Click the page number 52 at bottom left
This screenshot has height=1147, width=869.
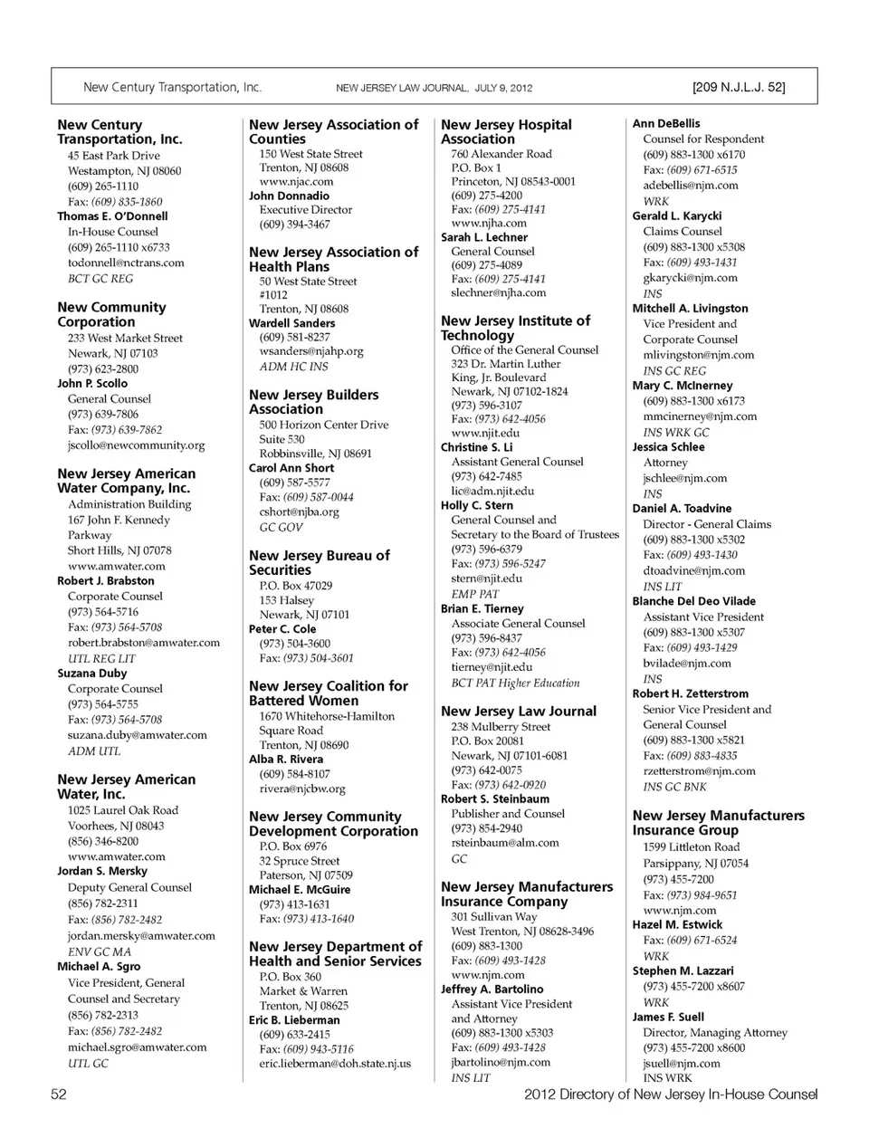[x=59, y=1094]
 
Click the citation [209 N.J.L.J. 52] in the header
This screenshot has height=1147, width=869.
[x=738, y=88]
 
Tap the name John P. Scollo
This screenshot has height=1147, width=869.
[x=92, y=383]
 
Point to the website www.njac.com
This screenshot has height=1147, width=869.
[x=296, y=181]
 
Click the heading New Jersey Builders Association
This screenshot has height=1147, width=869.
[x=313, y=402]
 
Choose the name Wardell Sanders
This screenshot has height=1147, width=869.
[x=291, y=322]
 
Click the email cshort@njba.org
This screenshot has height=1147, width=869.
[x=299, y=511]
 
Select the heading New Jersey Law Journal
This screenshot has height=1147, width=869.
[x=519, y=711]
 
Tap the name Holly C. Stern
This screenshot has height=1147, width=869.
[x=477, y=505]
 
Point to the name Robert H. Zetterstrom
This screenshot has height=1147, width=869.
[x=691, y=693]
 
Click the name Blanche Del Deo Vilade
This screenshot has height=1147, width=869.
[x=693, y=601]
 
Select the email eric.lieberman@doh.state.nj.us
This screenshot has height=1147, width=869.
[x=335, y=1063]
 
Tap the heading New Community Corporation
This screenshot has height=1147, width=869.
[x=111, y=314]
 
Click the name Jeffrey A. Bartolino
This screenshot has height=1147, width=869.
[x=492, y=989]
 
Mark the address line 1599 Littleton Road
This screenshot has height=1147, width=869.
[x=692, y=847]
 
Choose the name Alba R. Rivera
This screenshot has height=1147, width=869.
[x=286, y=759]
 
